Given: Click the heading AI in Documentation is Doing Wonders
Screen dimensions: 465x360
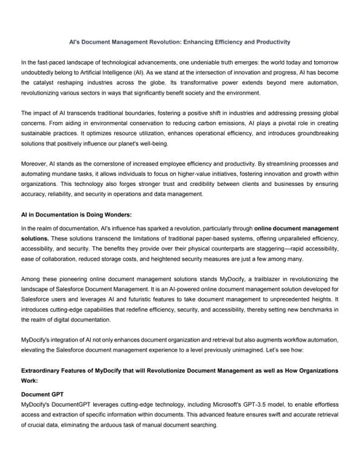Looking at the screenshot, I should click(76, 216).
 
